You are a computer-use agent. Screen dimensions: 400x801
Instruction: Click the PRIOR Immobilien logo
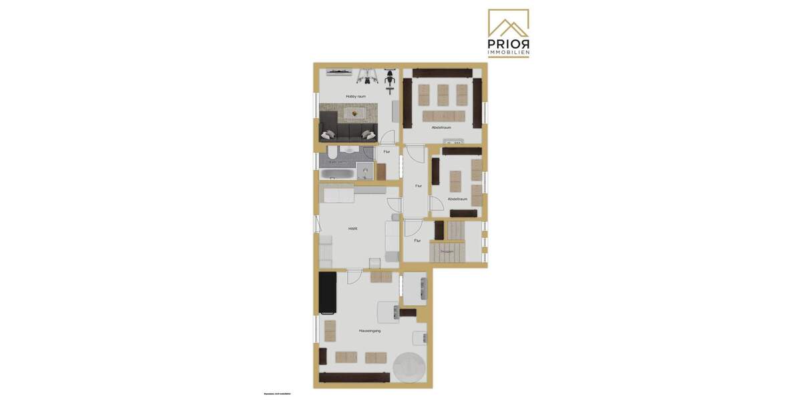tap(509, 33)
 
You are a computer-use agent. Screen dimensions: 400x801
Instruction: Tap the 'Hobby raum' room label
tap(356, 97)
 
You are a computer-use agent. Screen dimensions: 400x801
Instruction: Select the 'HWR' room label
tap(352, 228)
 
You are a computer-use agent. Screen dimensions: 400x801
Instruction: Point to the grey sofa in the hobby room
tap(348, 127)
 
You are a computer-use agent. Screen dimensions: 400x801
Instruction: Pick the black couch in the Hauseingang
tap(327, 293)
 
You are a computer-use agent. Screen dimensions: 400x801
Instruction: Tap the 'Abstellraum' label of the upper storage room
tap(441, 127)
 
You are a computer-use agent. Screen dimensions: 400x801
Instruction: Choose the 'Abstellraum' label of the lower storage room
tap(457, 199)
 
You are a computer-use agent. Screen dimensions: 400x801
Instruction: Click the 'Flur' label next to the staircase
tap(417, 241)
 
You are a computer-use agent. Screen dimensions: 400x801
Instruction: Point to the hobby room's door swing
tap(387, 137)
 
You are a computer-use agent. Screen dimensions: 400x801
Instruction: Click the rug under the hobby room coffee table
tap(348, 113)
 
